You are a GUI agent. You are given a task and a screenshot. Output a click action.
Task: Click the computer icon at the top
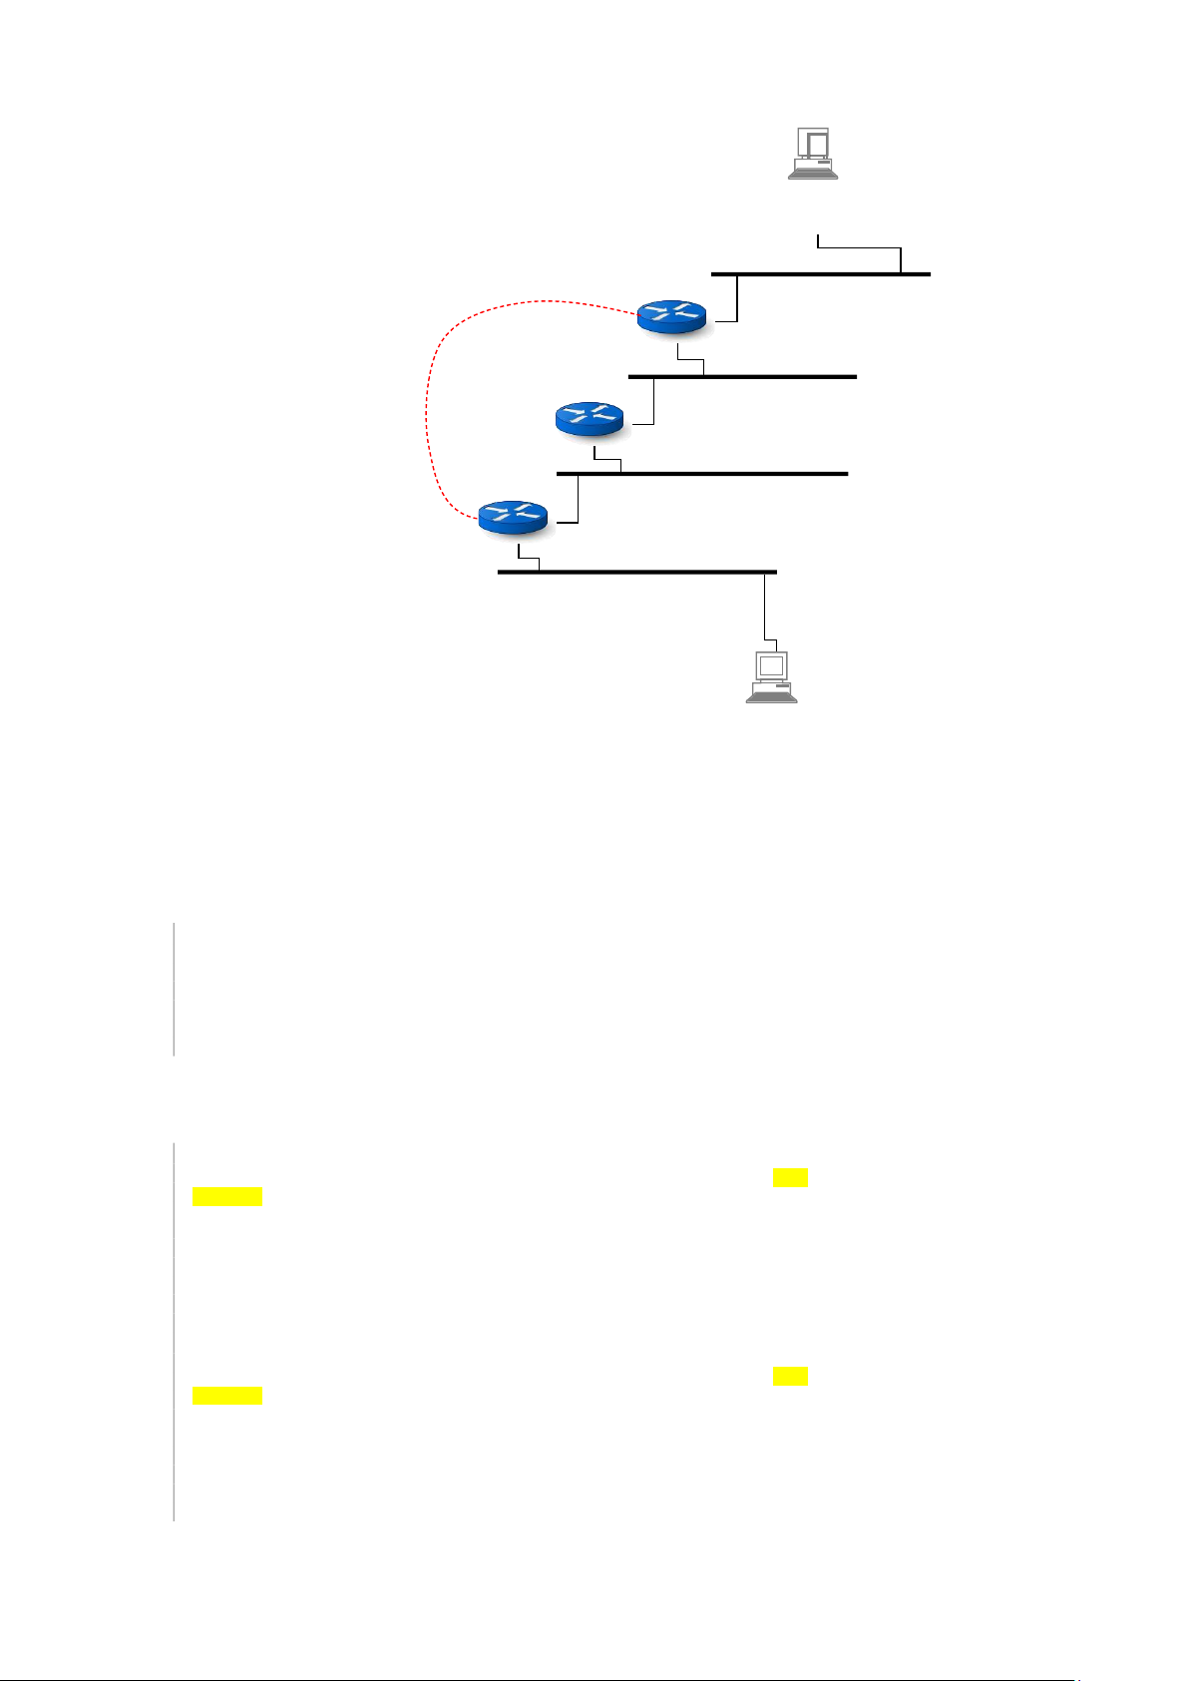pos(812,153)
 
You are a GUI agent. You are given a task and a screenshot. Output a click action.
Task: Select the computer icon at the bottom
pos(771,676)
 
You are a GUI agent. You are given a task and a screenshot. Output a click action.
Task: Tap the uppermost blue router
pos(671,315)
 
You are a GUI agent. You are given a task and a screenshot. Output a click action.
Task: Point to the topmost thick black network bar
pos(820,273)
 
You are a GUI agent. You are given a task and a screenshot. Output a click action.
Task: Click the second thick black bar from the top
pos(742,376)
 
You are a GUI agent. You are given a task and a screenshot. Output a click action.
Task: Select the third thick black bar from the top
pos(702,473)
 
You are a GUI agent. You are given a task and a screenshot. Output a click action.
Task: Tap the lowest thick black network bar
pos(636,572)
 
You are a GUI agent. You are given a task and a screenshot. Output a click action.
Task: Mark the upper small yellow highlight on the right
pos(790,1178)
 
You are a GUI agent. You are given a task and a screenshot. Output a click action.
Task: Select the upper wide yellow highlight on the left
pos(227,1197)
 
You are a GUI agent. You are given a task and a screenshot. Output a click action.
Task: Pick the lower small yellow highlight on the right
pos(790,1377)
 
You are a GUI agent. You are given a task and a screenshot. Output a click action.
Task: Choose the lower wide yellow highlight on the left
pos(227,1395)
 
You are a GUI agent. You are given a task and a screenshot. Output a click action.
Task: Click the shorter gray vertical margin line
pos(174,988)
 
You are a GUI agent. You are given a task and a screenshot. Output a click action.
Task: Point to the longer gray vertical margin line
pos(174,1331)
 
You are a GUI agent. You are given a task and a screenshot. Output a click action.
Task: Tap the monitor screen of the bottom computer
pos(771,665)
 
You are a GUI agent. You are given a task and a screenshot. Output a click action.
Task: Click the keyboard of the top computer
pos(812,173)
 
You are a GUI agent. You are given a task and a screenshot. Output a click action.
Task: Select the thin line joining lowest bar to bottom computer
pos(765,609)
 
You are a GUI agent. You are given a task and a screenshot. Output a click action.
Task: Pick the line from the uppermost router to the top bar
pos(737,299)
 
